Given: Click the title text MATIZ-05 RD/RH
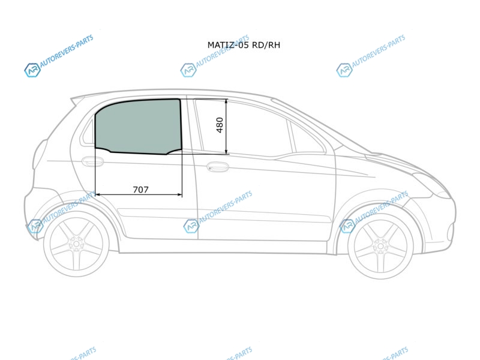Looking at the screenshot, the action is point(244,45).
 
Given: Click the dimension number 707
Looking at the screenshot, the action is point(141,190).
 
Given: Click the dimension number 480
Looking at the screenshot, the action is point(220,125).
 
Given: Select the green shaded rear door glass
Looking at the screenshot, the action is point(139,126).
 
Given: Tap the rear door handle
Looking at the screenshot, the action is point(92,161).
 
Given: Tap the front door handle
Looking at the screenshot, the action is point(218,167).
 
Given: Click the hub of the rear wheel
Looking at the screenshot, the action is point(76,244).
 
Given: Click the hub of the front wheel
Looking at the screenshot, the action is point(380,246).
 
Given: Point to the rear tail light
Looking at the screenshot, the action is point(39,154).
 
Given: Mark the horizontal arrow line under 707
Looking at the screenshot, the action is point(139,194).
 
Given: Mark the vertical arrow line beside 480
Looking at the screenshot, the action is point(226,127).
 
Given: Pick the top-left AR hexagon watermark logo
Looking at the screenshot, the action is point(32,70).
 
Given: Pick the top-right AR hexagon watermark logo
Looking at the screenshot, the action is point(344,70).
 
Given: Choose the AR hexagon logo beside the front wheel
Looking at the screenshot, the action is point(347,226).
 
